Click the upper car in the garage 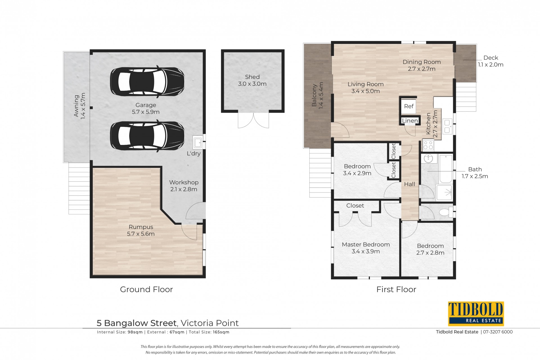(147, 82)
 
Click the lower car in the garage (147, 136)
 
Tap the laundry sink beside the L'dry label (197, 142)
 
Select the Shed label (252, 77)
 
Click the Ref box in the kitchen (409, 106)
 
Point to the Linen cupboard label (410, 121)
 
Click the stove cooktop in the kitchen (428, 145)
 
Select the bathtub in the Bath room (446, 169)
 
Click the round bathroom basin (428, 159)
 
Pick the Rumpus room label (141, 227)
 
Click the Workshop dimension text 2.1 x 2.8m (184, 189)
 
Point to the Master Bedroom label (366, 244)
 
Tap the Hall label (409, 184)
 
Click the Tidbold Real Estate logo (476, 314)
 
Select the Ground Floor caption (146, 289)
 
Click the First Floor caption (396, 289)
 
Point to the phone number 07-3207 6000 (498, 332)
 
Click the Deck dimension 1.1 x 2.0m (490, 65)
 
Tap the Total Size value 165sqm (221, 332)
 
